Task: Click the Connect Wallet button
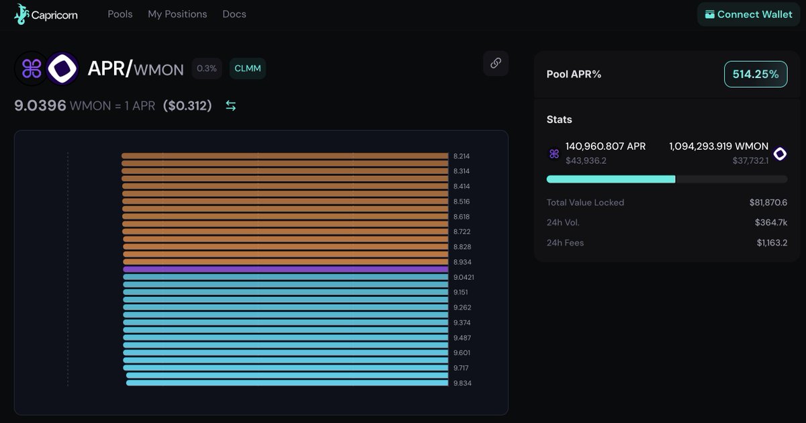pos(748,14)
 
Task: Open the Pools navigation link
pos(120,14)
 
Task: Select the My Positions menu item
pos(177,14)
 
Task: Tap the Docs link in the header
pos(234,14)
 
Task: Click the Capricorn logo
pos(46,14)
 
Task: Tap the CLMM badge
pos(248,68)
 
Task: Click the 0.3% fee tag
pos(207,68)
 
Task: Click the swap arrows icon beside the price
pos(230,106)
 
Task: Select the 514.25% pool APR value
pos(756,74)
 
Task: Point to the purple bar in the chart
pos(285,269)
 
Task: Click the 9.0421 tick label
pos(463,277)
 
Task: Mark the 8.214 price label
pos(461,156)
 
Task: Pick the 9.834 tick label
pos(462,383)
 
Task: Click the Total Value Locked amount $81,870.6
pos(768,203)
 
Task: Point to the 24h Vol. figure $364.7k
pos(771,223)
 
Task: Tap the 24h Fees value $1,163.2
pos(772,243)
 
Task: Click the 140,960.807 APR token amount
pos(606,146)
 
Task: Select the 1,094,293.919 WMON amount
pos(719,146)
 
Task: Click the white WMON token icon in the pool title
pos(62,68)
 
